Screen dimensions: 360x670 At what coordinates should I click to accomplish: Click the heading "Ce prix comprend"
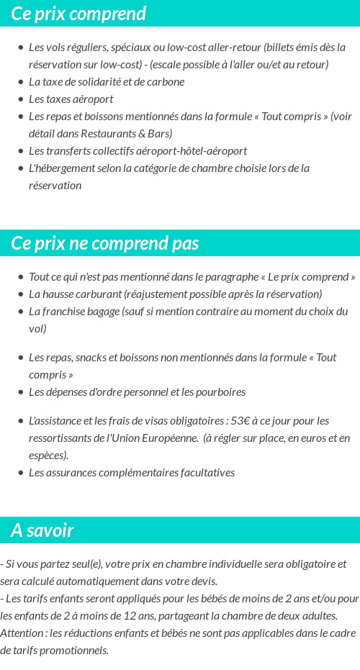pos(78,14)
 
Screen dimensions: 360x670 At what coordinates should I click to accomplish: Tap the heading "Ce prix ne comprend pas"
pos(105,243)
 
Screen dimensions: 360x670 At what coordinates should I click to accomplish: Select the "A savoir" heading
pos(42,530)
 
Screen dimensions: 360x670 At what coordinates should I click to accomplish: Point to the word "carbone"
pos(166,82)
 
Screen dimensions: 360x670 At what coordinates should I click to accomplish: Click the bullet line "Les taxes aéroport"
pos(71,99)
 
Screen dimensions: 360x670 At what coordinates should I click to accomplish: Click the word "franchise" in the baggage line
pos(68,312)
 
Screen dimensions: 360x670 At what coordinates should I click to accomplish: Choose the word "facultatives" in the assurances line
pos(203,473)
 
